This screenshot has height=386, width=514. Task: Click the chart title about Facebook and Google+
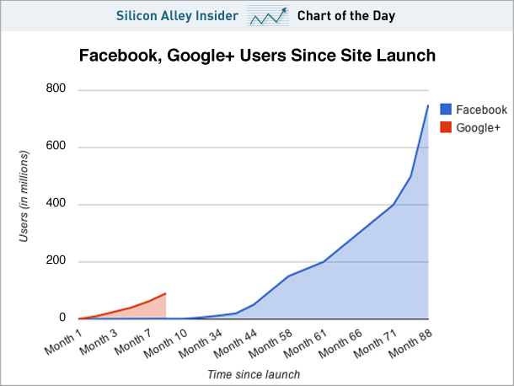click(257, 56)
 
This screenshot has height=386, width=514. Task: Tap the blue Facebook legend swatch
click(444, 110)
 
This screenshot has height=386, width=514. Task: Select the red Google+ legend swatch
click(444, 128)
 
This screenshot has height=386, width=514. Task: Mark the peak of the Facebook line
click(427, 105)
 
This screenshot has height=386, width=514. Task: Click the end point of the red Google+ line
click(166, 293)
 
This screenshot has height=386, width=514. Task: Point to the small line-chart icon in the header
click(267, 15)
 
